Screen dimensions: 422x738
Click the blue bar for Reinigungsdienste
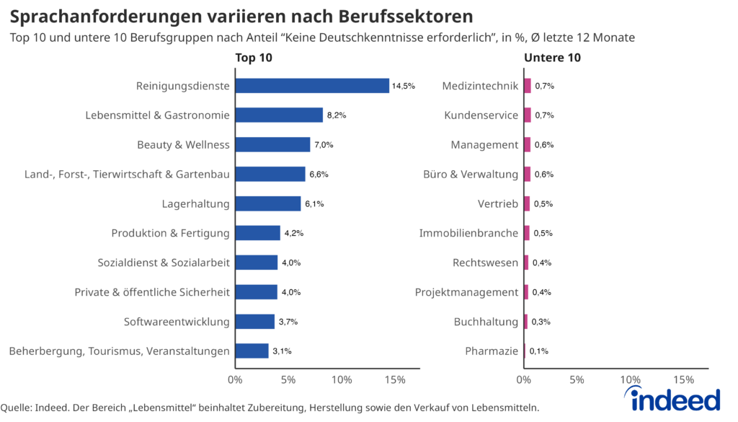pyautogui.click(x=312, y=86)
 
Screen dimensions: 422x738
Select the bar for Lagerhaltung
pyautogui.click(x=267, y=204)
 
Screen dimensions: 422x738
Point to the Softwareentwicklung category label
pyautogui.click(x=177, y=322)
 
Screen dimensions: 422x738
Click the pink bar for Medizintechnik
pyautogui.click(x=527, y=86)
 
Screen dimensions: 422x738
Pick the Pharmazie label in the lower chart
pyautogui.click(x=492, y=351)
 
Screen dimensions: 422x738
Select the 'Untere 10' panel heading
pyautogui.click(x=551, y=58)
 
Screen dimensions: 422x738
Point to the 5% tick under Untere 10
pyautogui.click(x=577, y=379)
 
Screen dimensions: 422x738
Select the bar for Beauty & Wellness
pyautogui.click(x=272, y=145)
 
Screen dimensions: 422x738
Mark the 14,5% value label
pyautogui.click(x=404, y=86)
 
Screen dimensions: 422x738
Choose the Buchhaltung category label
pyautogui.click(x=486, y=322)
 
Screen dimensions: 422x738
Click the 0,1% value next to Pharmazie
pyautogui.click(x=538, y=351)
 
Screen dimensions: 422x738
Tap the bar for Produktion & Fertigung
pyautogui.click(x=257, y=233)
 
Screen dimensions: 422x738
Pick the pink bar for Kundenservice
pyautogui.click(x=527, y=115)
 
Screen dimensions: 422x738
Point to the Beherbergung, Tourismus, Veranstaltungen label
pyautogui.click(x=119, y=351)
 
